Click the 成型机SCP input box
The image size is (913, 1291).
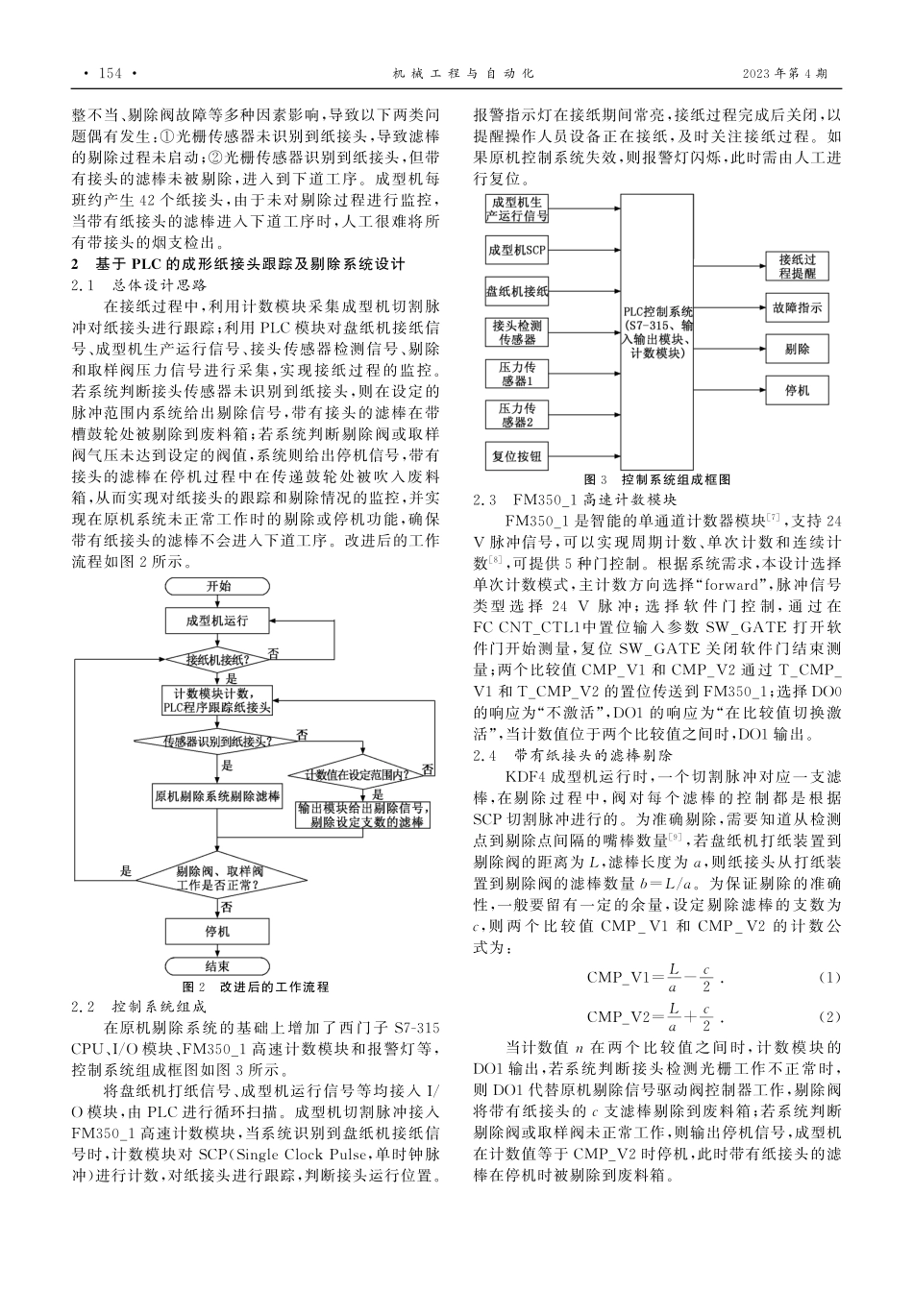[x=517, y=251]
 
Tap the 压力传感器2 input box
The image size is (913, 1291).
[x=517, y=415]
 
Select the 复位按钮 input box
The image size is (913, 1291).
[x=517, y=456]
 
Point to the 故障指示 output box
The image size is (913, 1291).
[x=797, y=308]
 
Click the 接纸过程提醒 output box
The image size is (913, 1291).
[x=797, y=266]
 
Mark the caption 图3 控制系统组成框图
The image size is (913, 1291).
[x=658, y=478]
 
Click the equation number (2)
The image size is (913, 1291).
[x=828, y=1016]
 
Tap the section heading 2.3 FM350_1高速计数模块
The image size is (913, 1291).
[x=576, y=499]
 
